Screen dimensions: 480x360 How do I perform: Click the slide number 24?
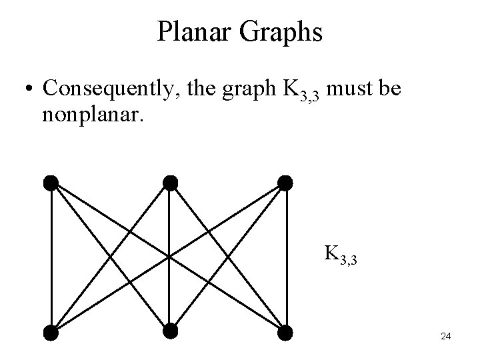[x=446, y=337]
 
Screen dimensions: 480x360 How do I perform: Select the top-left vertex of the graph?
[x=51, y=182]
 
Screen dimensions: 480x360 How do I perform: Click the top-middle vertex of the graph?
[x=170, y=182]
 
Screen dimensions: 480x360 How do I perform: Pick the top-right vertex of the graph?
[x=285, y=182]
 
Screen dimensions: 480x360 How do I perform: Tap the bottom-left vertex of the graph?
[x=51, y=331]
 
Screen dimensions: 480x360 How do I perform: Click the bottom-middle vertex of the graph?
[x=169, y=331]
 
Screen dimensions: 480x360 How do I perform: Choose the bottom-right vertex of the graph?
[x=285, y=331]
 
